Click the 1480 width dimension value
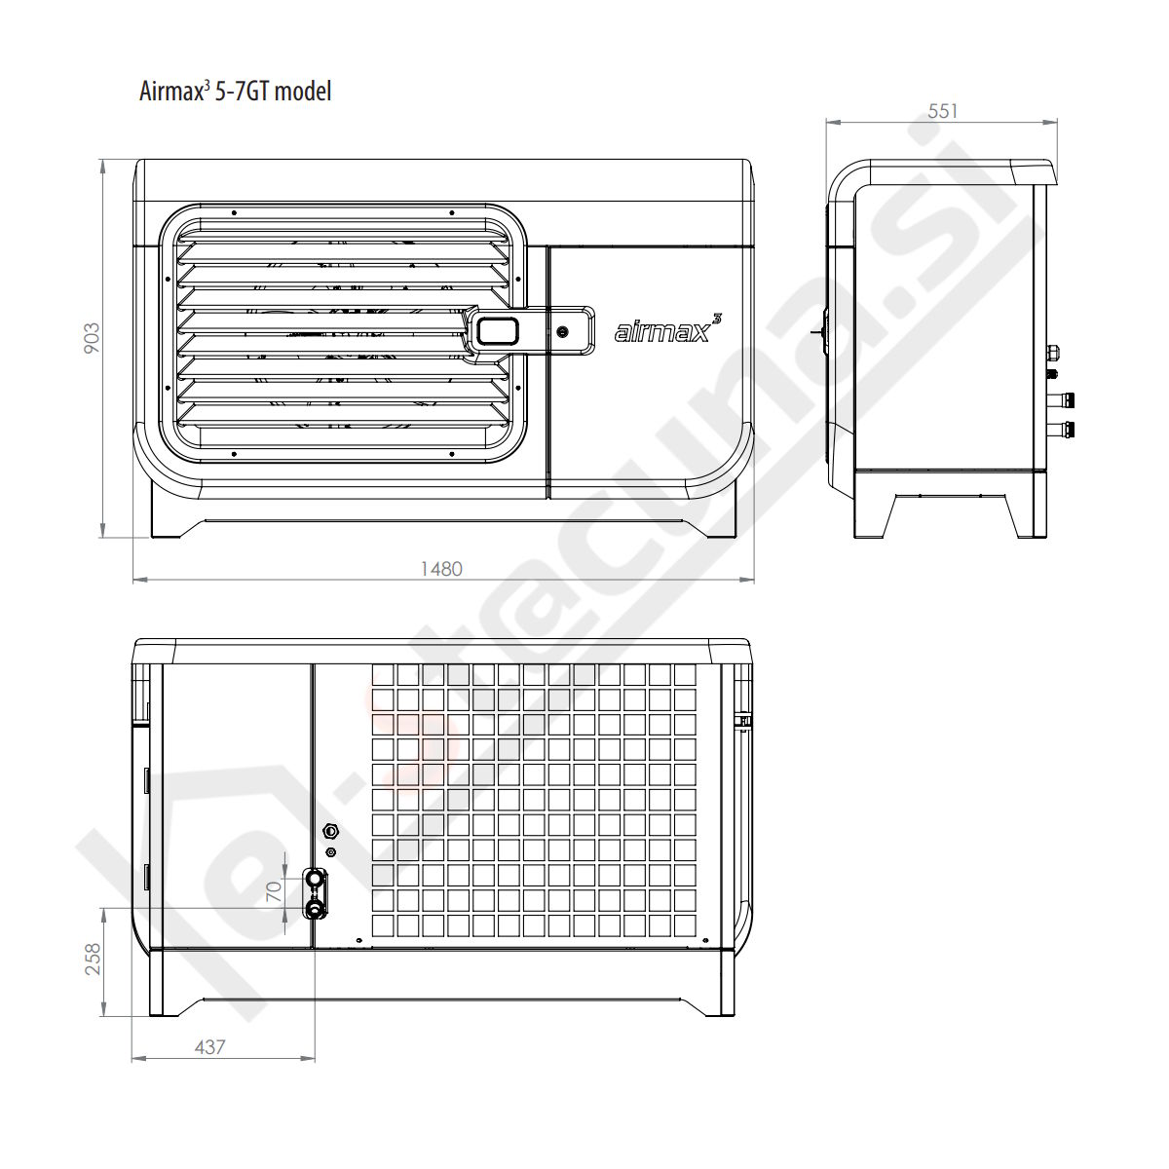tap(441, 568)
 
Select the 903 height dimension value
tap(92, 338)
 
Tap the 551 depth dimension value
tap(942, 111)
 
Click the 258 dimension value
tap(93, 959)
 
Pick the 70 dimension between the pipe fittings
tap(274, 890)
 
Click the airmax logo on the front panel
tap(668, 329)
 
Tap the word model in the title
tap(303, 92)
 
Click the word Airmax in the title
tap(170, 92)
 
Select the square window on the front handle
tap(498, 331)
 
